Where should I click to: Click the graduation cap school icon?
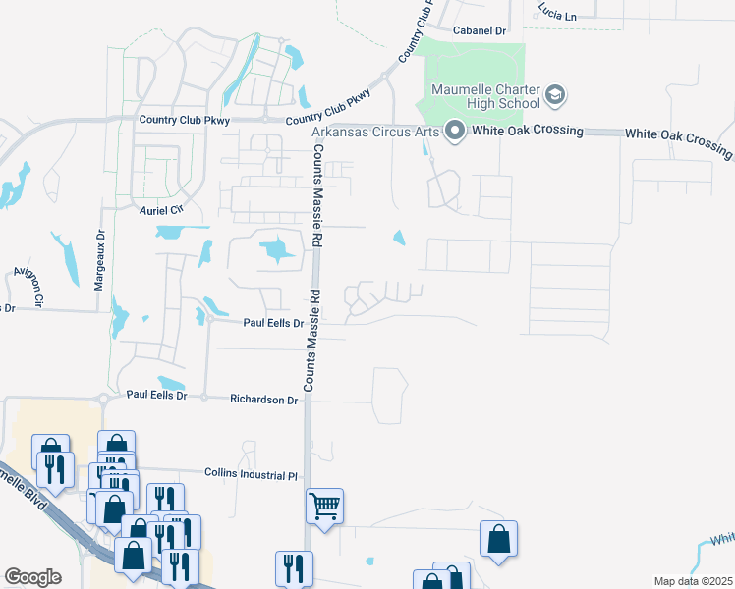555,95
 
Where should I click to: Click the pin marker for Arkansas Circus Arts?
454,131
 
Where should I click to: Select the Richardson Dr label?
263,400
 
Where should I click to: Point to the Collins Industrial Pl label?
251,474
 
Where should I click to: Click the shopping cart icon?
324,507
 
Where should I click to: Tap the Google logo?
31,576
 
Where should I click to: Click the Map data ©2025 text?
693,581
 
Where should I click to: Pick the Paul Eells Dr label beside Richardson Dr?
156,395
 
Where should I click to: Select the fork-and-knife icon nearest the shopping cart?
294,567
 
